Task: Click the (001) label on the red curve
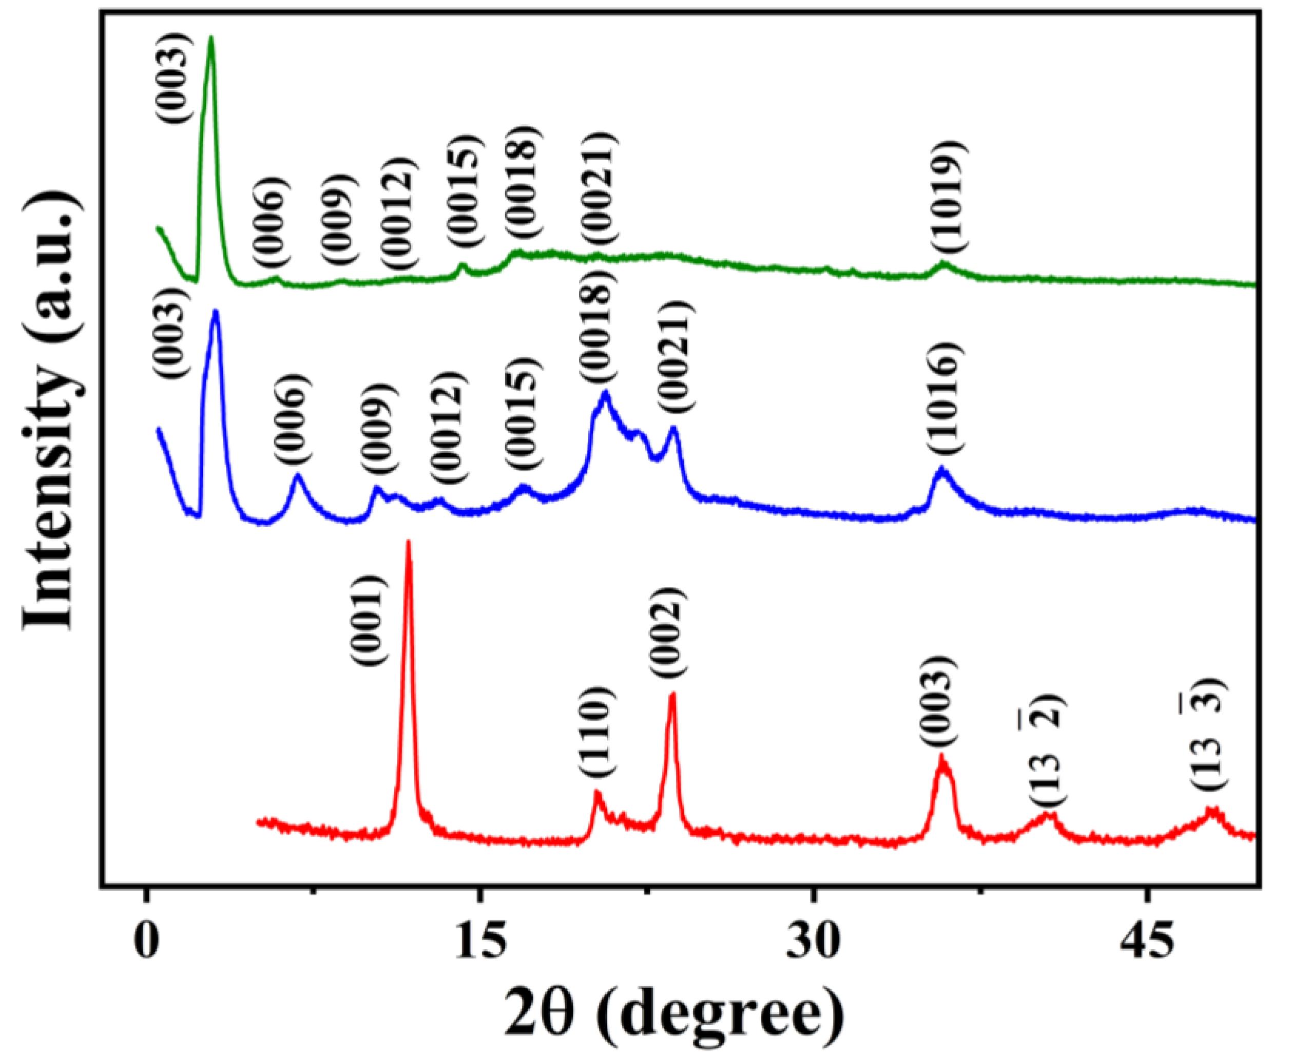(x=369, y=621)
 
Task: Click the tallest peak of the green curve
(x=211, y=37)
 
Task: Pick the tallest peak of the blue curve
(x=215, y=312)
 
